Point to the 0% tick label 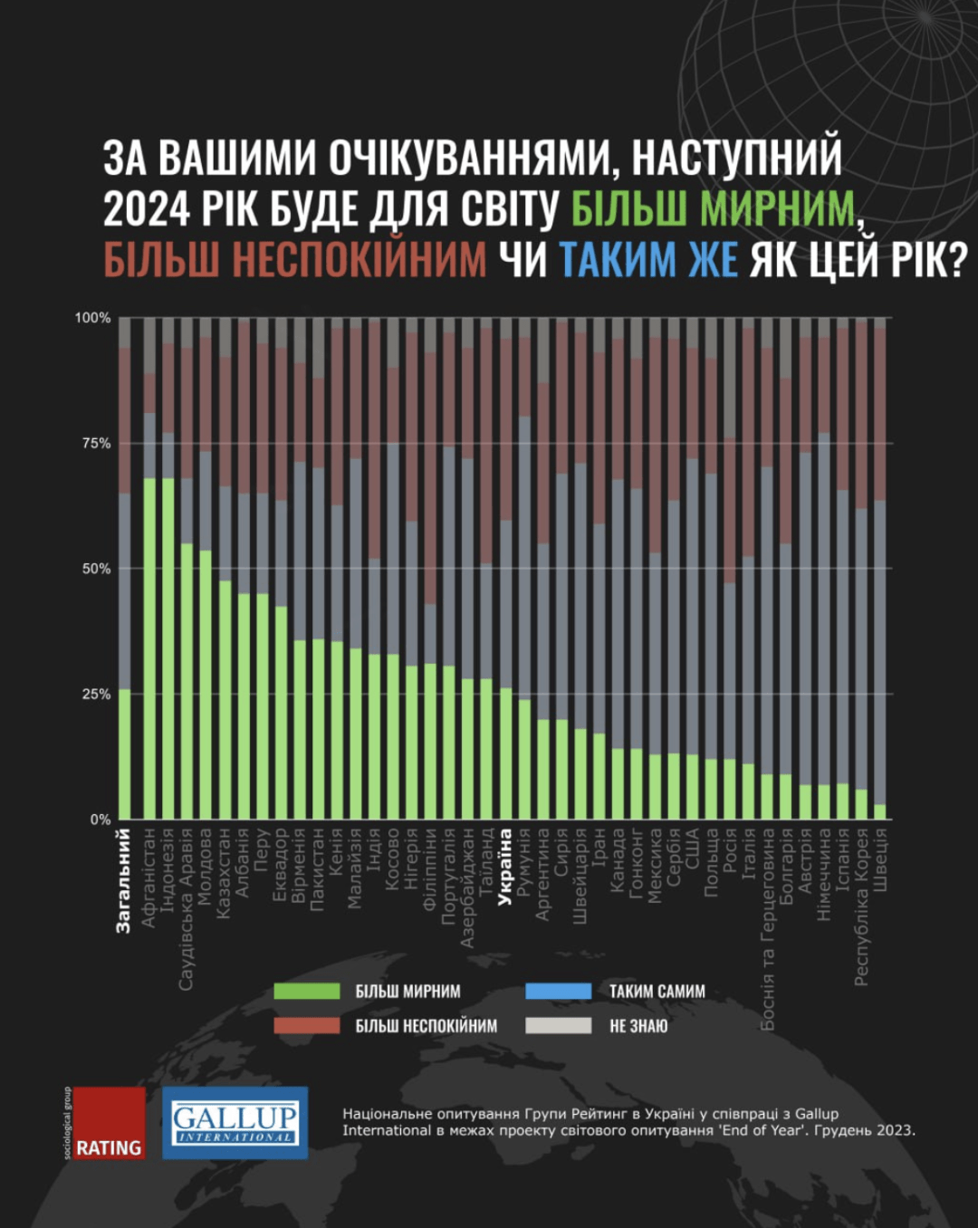coord(100,820)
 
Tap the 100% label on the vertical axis coord(92,318)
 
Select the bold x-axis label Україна coord(505,867)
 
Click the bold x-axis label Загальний coord(124,880)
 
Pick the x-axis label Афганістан coord(149,878)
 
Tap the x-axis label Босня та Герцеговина coord(768,929)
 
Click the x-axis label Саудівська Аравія coord(186,908)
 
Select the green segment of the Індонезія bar coord(168,648)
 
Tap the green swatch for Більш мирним coord(307,992)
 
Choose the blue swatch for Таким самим coord(558,992)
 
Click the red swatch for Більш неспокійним coord(307,1026)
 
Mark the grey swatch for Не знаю coord(558,1026)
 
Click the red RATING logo coord(109,1123)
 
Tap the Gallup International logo coord(235,1123)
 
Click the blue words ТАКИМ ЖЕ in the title coord(648,260)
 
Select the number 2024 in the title coord(146,209)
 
